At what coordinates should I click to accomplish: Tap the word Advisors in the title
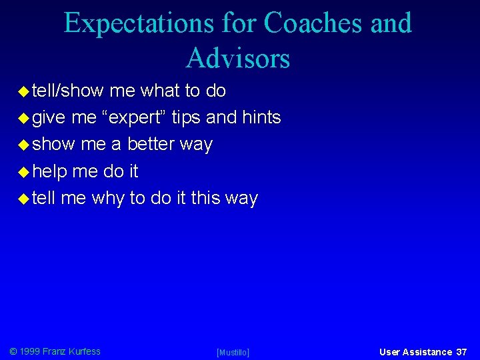(x=238, y=58)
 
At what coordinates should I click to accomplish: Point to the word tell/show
(x=69, y=91)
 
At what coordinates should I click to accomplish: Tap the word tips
(x=187, y=118)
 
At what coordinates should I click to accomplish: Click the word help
(x=50, y=172)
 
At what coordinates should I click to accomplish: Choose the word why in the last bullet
(x=108, y=199)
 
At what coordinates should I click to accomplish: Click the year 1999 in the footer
(x=29, y=351)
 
